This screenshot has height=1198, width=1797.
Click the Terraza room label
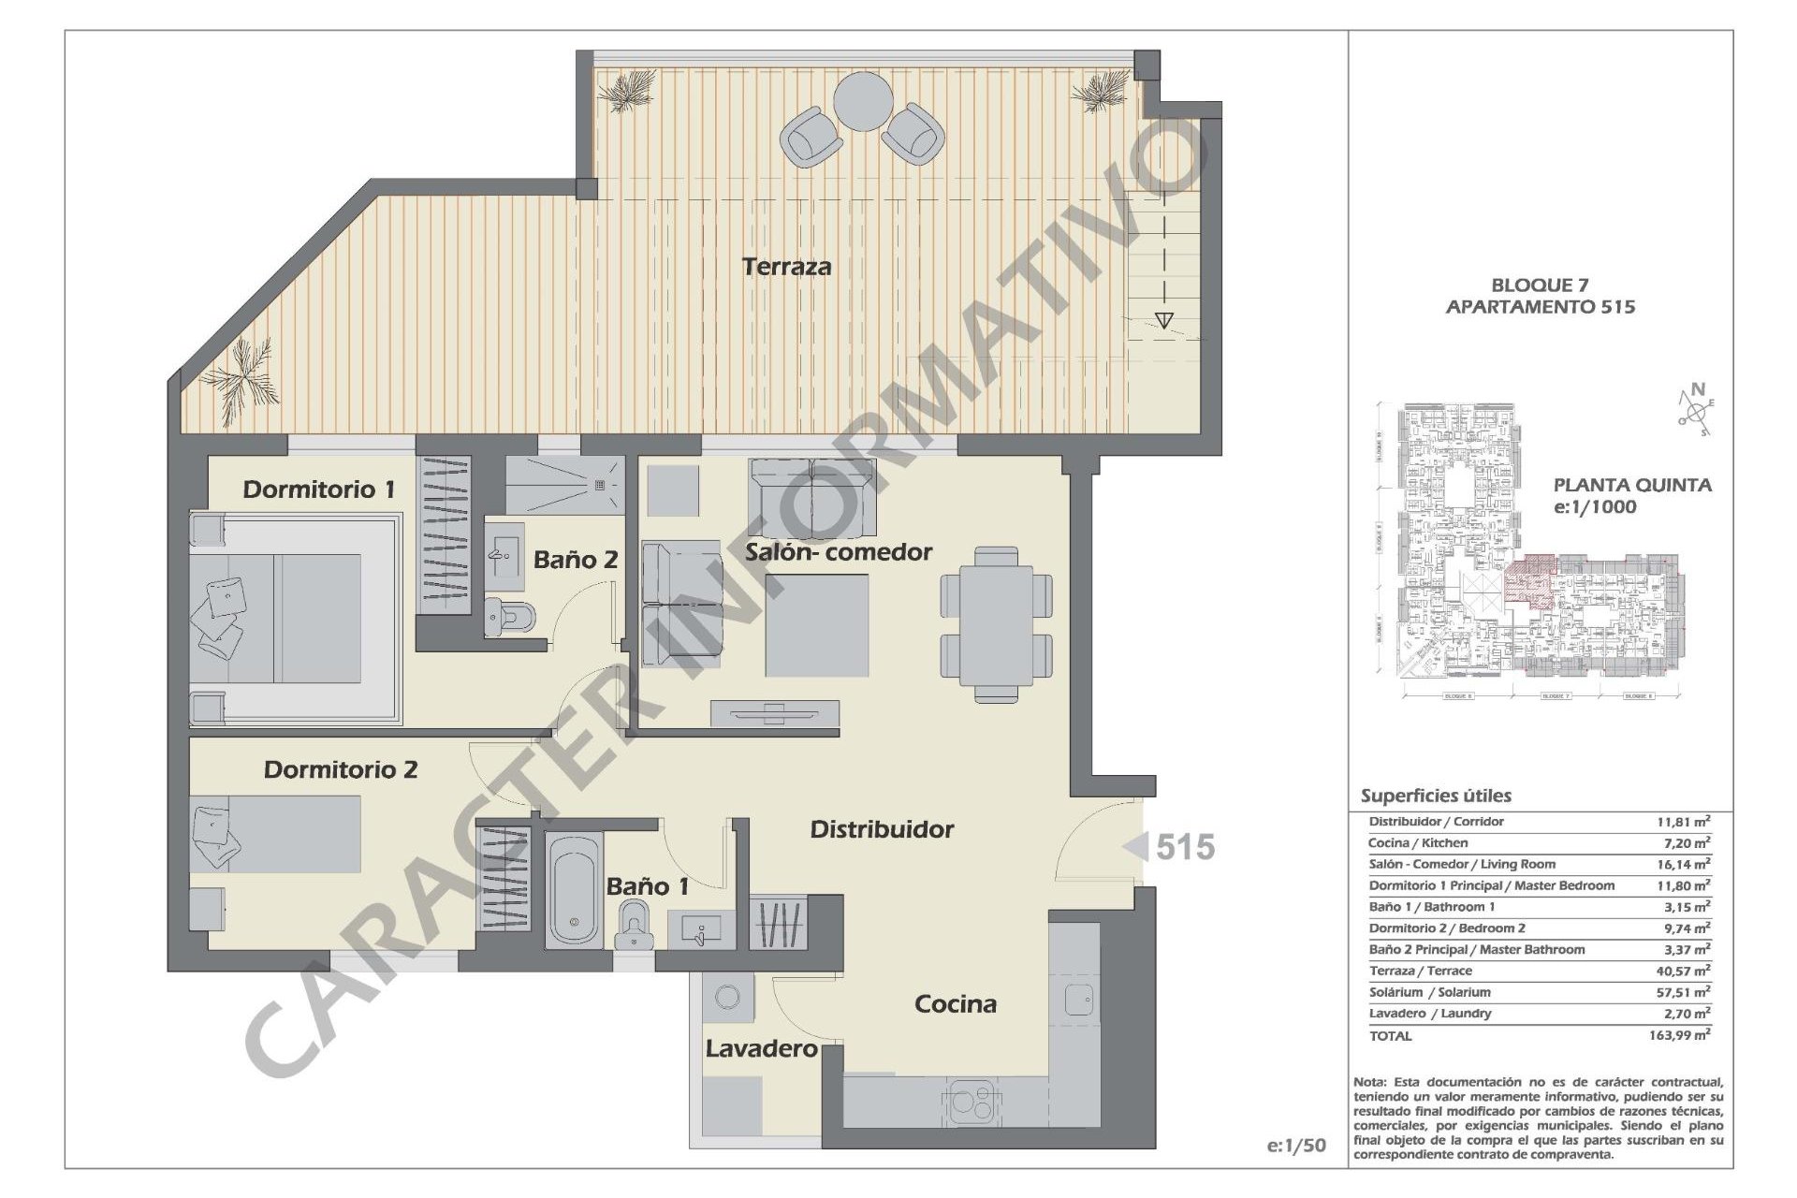click(786, 267)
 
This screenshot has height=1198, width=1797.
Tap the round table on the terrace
click(863, 102)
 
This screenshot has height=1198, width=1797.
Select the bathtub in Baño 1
click(574, 889)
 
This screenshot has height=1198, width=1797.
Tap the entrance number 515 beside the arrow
click(1185, 847)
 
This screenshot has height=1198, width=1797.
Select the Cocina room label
click(955, 1004)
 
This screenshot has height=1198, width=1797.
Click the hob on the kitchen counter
click(972, 1101)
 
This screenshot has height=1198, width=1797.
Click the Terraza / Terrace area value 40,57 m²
click(1683, 971)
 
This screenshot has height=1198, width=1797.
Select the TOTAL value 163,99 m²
click(1679, 1035)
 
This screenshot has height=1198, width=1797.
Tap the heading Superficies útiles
click(1436, 796)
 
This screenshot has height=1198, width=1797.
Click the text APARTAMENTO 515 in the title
click(1540, 307)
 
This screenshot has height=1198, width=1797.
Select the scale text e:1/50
click(1296, 1146)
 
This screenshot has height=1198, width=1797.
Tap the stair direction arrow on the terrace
click(1163, 320)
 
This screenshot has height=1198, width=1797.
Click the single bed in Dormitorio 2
click(276, 834)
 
